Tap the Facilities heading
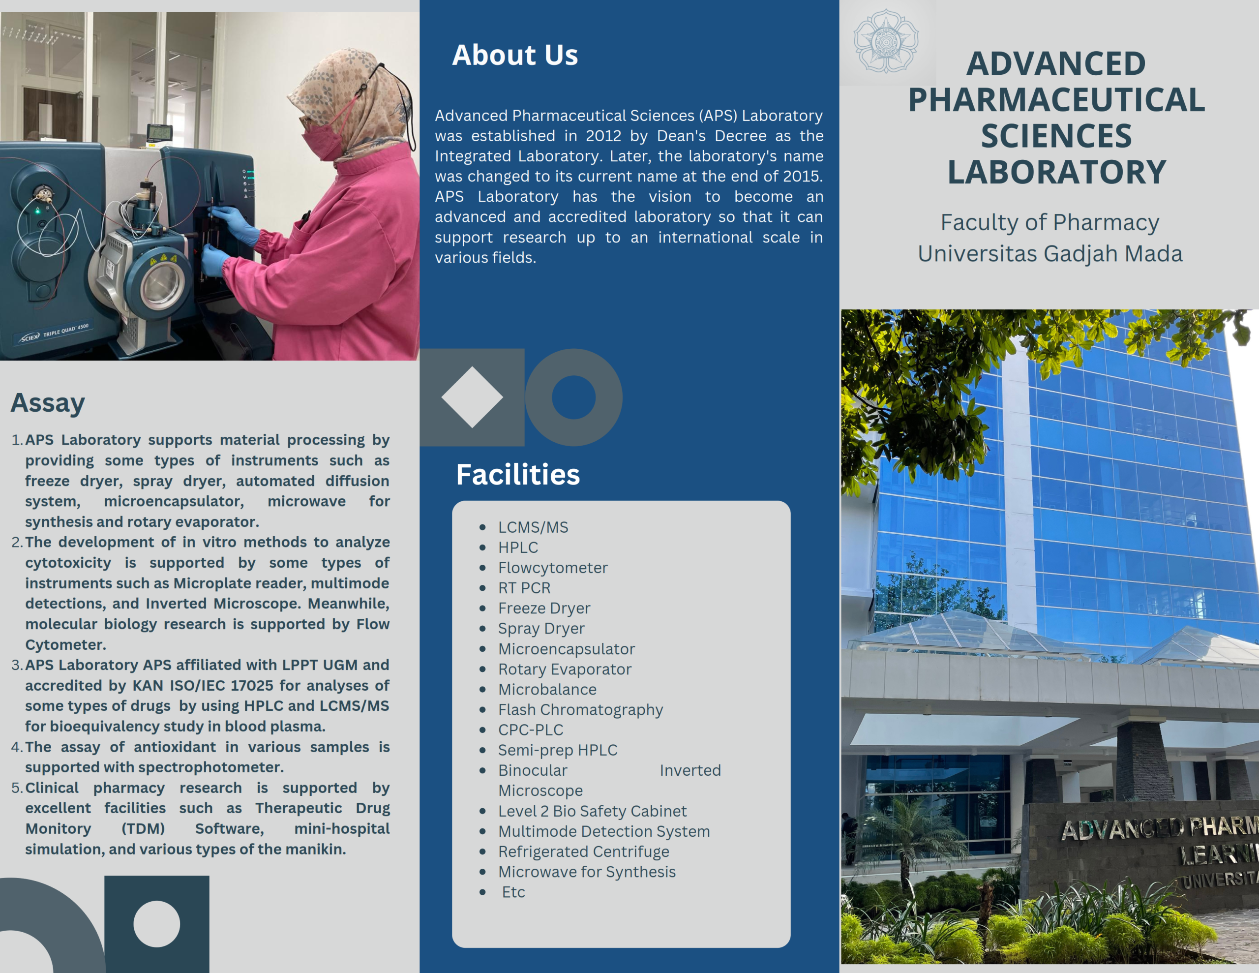tap(518, 474)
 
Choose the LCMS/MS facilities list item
tap(533, 527)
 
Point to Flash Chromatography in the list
tap(580, 710)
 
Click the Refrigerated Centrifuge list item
tap(583, 851)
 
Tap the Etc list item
tap(513, 892)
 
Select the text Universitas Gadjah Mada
tap(1050, 254)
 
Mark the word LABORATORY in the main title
tap(1057, 172)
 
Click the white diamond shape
tap(472, 397)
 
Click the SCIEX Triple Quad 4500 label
tap(54, 333)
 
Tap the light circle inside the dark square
tap(157, 923)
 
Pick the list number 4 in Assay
tap(16, 747)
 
